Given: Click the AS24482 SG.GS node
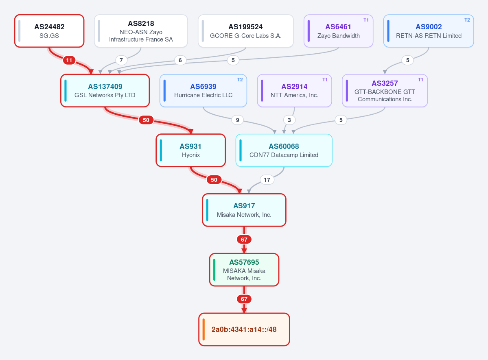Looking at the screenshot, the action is (49, 31).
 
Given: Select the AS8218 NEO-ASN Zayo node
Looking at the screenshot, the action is (141, 31).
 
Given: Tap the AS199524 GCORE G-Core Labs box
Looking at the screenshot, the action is (245, 31).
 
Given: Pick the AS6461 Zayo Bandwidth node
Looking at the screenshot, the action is (338, 31).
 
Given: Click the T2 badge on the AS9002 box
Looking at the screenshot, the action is (467, 20).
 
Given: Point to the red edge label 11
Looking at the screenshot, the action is (69, 60).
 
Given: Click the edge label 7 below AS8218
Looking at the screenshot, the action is (121, 60).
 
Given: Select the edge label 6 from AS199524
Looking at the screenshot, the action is (180, 60).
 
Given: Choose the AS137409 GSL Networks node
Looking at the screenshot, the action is (105, 91).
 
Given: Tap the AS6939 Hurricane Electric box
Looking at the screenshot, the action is (203, 91).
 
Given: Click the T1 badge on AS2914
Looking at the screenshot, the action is (325, 80).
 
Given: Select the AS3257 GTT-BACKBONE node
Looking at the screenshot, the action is (385, 91).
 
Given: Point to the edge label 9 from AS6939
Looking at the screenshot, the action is (237, 120).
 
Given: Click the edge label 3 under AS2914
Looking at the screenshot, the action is (289, 120).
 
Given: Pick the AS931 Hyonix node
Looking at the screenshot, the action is (191, 150).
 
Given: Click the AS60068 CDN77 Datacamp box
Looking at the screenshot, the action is (284, 150).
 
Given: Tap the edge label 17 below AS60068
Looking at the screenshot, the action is (267, 179).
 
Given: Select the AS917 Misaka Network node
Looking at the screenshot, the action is (244, 210).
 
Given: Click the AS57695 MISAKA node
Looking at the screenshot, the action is (244, 270).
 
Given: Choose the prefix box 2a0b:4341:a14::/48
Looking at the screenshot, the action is (244, 329).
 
